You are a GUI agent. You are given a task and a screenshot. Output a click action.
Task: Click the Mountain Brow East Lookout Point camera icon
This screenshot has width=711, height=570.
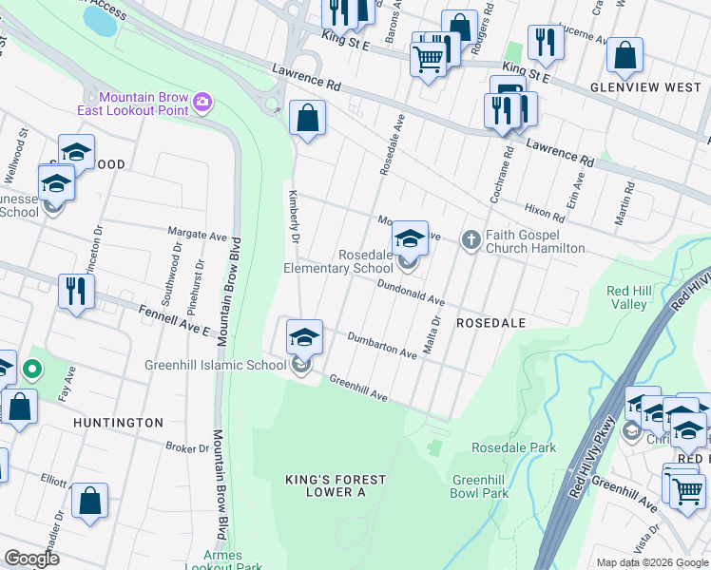tap(202, 102)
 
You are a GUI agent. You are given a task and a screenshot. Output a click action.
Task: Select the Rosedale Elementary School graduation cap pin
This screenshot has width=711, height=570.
tap(410, 238)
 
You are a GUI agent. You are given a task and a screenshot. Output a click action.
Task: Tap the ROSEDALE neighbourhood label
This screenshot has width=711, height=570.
tap(490, 323)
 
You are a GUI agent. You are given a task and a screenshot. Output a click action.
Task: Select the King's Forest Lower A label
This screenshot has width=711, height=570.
tap(324, 485)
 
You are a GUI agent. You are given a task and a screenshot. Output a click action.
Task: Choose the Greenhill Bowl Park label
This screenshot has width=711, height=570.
tap(480, 486)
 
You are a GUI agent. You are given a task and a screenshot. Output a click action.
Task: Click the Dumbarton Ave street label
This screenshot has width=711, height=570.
tap(382, 345)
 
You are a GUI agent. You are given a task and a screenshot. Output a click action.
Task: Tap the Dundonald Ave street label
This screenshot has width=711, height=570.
tap(411, 292)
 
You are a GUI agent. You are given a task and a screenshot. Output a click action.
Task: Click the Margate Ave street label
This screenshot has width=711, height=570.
tap(198, 232)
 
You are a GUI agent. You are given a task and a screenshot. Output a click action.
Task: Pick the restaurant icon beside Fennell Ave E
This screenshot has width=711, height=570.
tap(75, 291)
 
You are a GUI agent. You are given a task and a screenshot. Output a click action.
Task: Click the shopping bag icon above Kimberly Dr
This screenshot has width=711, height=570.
tap(308, 119)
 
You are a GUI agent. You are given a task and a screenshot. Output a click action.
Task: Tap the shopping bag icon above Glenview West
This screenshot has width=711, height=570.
tap(625, 56)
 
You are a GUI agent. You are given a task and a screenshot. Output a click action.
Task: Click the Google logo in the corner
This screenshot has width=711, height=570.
tap(32, 559)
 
